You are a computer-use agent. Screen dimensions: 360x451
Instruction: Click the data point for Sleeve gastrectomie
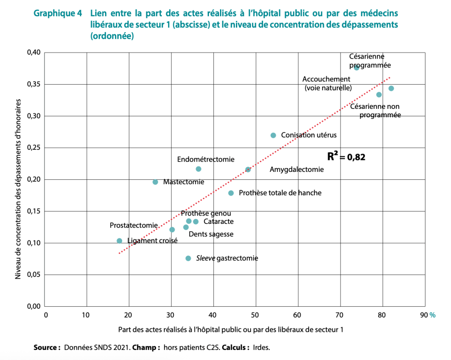[188, 258]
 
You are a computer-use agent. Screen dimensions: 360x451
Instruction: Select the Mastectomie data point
[155, 182]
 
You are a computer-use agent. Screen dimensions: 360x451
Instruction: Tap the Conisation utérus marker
[273, 135]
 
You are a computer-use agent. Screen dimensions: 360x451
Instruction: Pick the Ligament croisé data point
[119, 241]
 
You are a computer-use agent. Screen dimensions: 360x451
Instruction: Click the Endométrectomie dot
[198, 169]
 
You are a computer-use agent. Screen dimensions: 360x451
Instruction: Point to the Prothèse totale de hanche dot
[231, 193]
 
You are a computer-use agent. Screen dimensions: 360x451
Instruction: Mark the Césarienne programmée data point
[357, 67]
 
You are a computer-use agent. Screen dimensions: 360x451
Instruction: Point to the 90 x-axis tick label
[424, 315]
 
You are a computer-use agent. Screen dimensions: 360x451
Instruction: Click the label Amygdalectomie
[296, 169]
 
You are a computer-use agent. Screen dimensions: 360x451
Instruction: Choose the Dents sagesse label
[211, 234]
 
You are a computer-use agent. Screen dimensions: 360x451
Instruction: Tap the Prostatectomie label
[134, 225]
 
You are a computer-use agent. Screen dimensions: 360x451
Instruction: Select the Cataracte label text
[219, 222]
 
